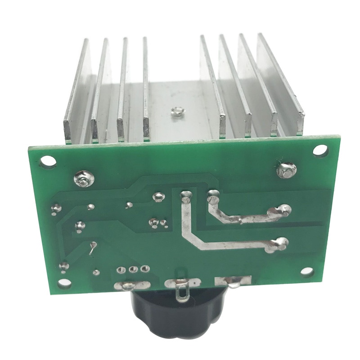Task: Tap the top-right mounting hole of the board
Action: [319, 150]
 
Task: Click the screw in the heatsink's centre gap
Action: [175, 111]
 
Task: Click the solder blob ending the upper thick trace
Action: [283, 209]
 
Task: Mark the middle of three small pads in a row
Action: [132, 270]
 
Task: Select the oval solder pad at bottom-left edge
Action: [130, 285]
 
